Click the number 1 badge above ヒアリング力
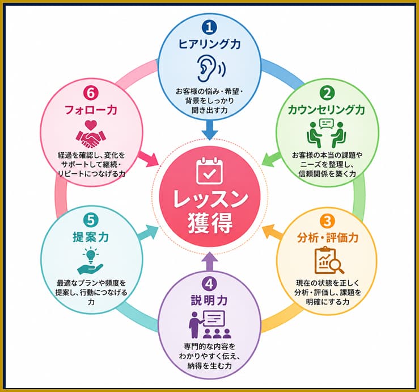[x=210, y=28]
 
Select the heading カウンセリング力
[x=327, y=110]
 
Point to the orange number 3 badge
[x=327, y=221]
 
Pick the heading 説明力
[x=209, y=301]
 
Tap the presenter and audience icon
[x=210, y=324]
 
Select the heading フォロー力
[x=91, y=110]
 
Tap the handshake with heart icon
[x=91, y=134]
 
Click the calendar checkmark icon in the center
[x=210, y=171]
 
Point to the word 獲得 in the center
[x=210, y=223]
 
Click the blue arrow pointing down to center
[x=210, y=130]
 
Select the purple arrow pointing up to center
[x=210, y=262]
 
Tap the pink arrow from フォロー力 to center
[x=148, y=159]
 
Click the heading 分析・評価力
[x=328, y=237]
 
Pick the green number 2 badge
[x=327, y=93]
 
